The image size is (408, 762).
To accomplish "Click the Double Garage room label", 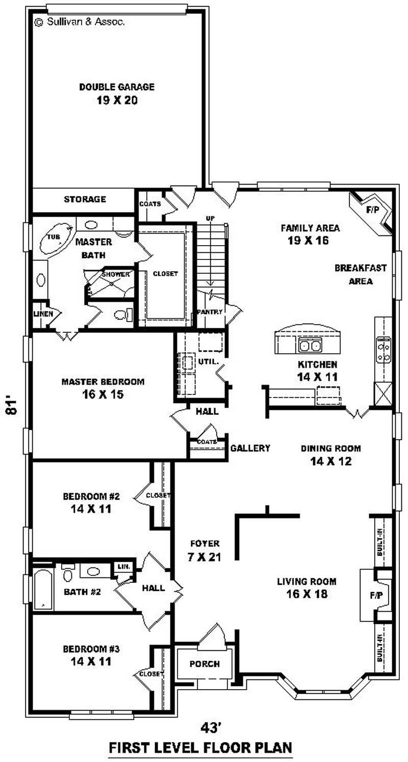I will pyautogui.click(x=116, y=93).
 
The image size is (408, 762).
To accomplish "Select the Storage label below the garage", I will pyautogui.click(x=85, y=199).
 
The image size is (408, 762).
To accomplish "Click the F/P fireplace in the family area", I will pyautogui.click(x=372, y=209).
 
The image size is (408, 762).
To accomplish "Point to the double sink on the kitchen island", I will pyautogui.click(x=310, y=346).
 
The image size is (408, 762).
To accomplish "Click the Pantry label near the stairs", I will pyautogui.click(x=209, y=312).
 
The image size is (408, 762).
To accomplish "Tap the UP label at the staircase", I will pyautogui.click(x=210, y=218).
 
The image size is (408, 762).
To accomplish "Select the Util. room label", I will pyautogui.click(x=211, y=361).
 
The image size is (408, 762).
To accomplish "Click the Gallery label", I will pyautogui.click(x=250, y=448).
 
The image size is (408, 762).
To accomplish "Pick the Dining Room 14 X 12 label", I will pyautogui.click(x=330, y=455).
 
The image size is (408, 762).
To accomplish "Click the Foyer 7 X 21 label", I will pyautogui.click(x=204, y=550).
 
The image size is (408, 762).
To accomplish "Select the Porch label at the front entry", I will pyautogui.click(x=205, y=664).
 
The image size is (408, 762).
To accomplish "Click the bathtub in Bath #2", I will pyautogui.click(x=42, y=589).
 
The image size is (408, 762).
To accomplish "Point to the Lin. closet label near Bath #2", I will pyautogui.click(x=123, y=566).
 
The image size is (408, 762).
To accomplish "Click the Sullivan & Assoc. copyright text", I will pyautogui.click(x=80, y=22).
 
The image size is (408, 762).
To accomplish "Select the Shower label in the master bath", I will pyautogui.click(x=115, y=274).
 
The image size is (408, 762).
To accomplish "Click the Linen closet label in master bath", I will pyautogui.click(x=43, y=314).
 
